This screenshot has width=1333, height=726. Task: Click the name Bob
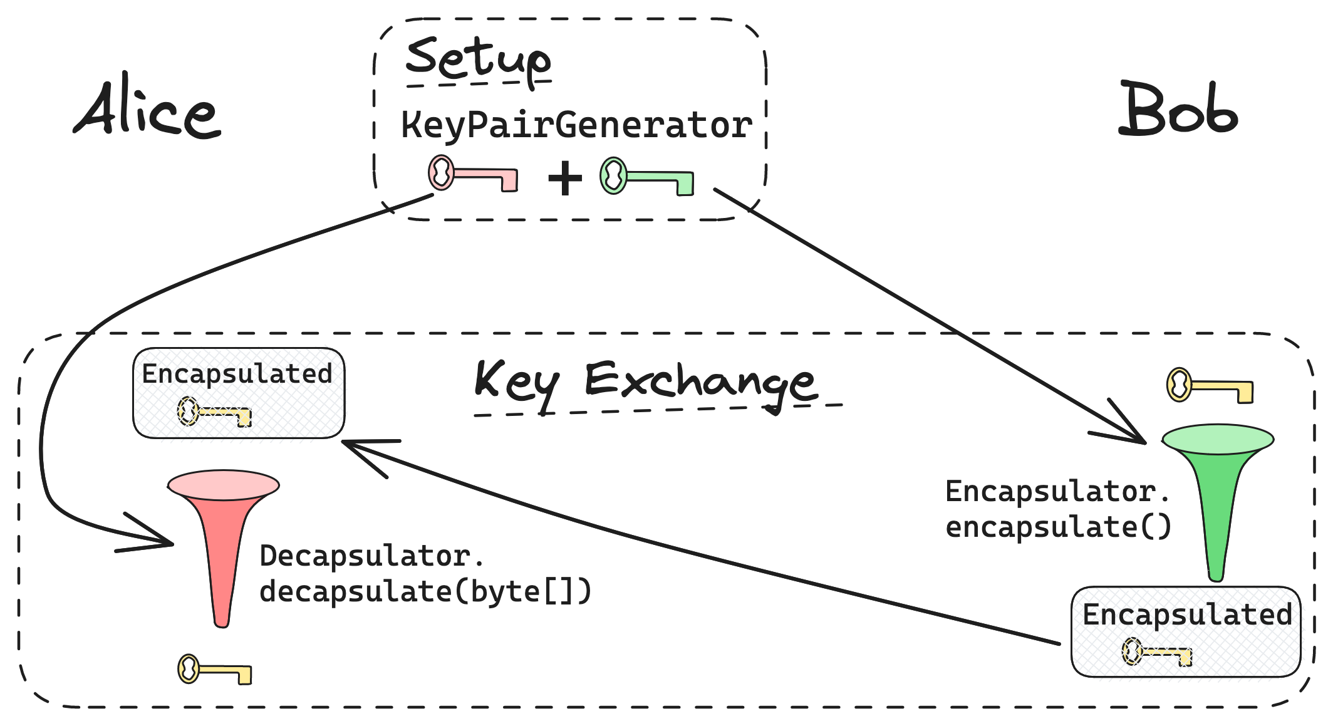1178,111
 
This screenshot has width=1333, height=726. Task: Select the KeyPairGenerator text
576,125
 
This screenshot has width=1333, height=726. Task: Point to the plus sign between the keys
565,179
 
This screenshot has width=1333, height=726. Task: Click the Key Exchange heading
645,381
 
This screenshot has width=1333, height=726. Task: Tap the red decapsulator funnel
223,539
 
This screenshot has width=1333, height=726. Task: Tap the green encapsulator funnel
1217,495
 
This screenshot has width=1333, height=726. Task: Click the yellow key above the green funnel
1208,386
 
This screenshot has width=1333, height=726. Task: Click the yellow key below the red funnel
214,670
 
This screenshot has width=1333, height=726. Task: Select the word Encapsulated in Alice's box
237,374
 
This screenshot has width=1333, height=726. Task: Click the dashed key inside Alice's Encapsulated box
214,412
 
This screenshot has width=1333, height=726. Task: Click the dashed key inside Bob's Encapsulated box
1156,652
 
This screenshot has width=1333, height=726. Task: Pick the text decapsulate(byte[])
425,591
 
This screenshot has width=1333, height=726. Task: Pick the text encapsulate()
1058,527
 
